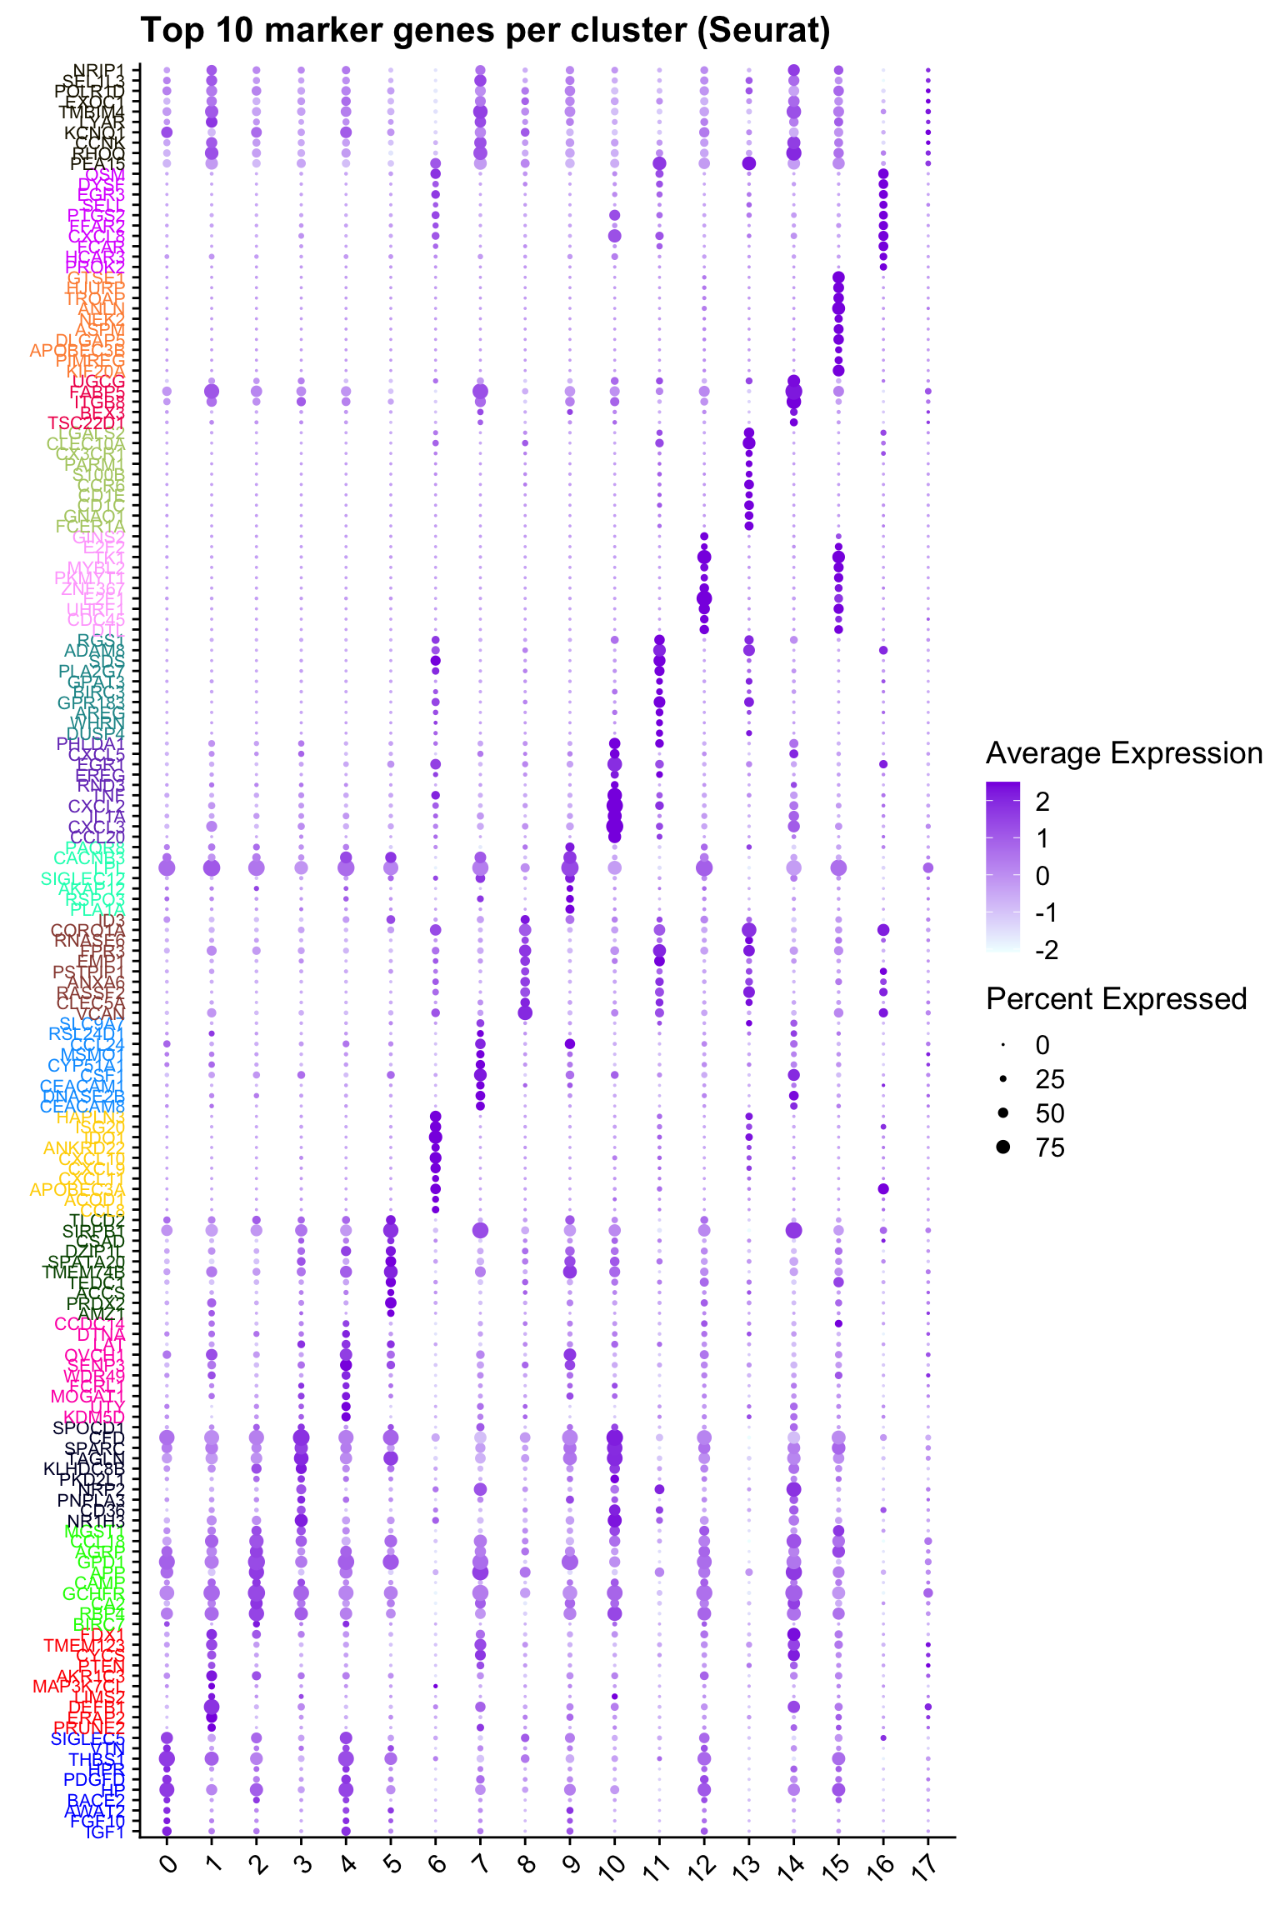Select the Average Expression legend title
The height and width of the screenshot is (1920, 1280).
pos(1124,753)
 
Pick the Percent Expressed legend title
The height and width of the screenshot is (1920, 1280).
pos(1116,998)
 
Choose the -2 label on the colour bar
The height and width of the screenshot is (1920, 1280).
pos(1047,950)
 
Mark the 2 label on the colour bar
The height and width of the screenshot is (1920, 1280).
pos(1042,802)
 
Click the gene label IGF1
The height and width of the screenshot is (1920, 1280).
pos(105,1832)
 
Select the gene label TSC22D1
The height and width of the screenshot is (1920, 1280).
pos(87,422)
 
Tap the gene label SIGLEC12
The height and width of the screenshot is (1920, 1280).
pos(83,878)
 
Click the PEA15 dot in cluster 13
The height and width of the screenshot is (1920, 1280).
pos(748,163)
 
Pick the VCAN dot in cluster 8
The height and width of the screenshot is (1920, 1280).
pos(525,1012)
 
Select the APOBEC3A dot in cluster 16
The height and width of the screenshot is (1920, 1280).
pos(883,1188)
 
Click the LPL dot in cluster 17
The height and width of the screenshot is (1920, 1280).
pos(928,867)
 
